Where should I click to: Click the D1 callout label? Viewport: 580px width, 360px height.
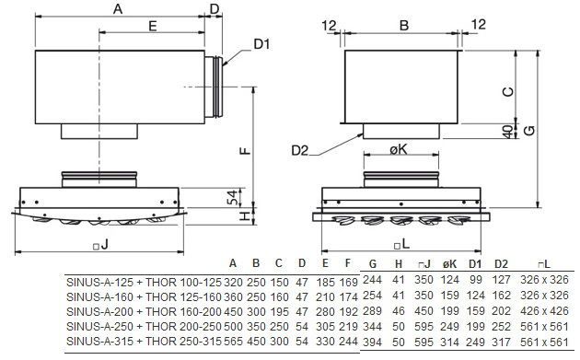[x=261, y=44]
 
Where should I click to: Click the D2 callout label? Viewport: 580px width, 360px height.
[x=299, y=151]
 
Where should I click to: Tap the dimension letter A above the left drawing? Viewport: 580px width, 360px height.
[x=118, y=9]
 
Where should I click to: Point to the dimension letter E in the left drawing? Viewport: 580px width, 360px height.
[x=153, y=26]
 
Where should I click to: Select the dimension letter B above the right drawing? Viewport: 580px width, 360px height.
[x=404, y=25]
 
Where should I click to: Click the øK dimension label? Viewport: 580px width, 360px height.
[x=399, y=149]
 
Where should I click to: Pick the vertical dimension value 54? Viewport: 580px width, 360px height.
[x=232, y=198]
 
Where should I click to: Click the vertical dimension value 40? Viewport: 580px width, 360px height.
[x=508, y=132]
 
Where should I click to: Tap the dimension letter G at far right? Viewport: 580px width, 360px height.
[x=529, y=130]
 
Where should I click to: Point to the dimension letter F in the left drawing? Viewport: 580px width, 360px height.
[x=245, y=151]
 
